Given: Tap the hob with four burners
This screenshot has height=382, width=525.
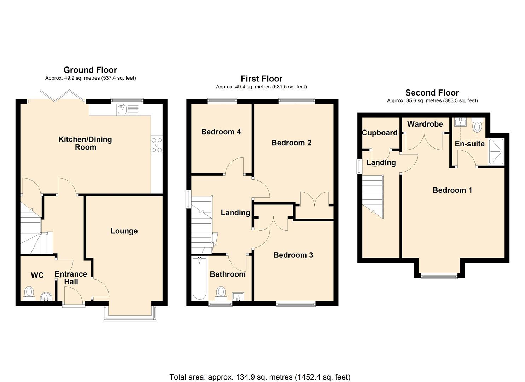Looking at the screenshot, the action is click(157, 145).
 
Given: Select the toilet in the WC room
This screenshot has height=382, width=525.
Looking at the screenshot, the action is click(29, 294).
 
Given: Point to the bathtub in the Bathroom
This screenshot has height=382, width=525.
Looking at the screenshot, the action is click(199, 278).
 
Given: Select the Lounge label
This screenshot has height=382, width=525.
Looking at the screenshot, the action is click(124, 231).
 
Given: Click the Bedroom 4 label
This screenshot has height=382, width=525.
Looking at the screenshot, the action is click(221, 132).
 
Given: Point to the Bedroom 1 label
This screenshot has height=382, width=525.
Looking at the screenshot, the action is click(452, 190).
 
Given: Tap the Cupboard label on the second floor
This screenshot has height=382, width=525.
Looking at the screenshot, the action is click(380, 133).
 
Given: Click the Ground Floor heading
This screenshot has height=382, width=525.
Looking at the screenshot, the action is click(90, 70).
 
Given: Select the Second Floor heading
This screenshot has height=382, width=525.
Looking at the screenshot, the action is click(432, 93).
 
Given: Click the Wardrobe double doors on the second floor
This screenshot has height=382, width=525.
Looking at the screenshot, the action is click(424, 141).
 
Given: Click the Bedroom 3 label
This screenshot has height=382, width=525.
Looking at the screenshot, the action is click(293, 255).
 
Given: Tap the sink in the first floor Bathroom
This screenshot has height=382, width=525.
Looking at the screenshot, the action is click(238, 296).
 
